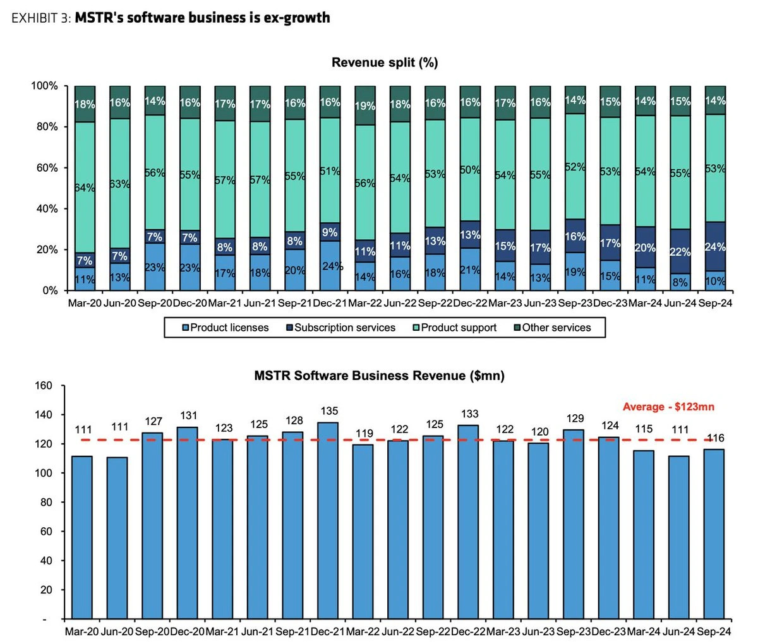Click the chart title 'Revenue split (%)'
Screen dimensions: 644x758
tap(385, 63)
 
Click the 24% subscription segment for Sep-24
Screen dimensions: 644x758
tap(715, 247)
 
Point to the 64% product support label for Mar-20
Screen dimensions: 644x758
tap(85, 188)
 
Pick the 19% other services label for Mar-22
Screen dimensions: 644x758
tap(365, 106)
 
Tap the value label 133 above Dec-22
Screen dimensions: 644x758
tap(470, 414)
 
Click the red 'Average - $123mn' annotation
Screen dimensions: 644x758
tap(668, 407)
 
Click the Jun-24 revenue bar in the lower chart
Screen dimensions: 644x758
tap(680, 537)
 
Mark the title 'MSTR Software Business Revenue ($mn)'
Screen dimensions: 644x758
tap(379, 376)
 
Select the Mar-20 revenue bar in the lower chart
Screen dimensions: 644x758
tap(82, 537)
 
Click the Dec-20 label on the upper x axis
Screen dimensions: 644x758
tap(190, 303)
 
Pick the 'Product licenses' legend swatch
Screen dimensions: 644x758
tap(186, 328)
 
